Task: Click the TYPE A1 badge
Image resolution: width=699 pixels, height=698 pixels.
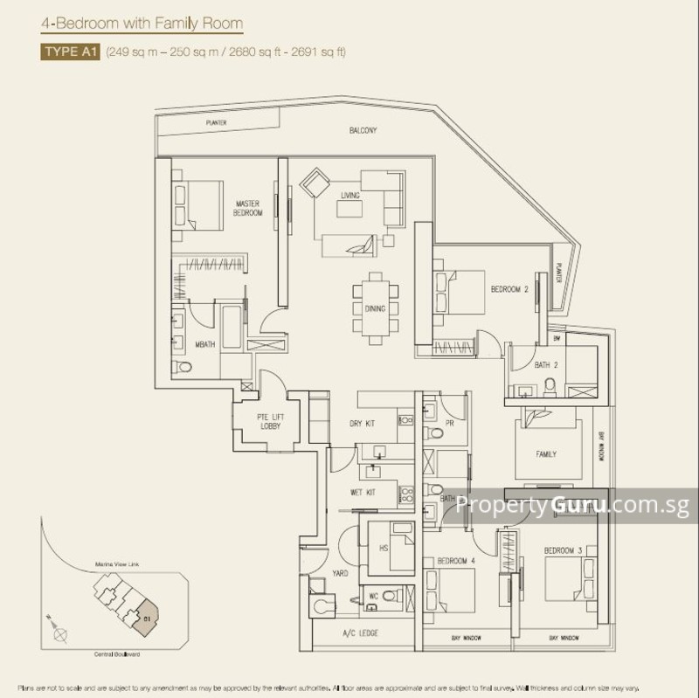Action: [x=70, y=52]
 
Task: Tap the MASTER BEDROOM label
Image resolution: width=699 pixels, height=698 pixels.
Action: [x=248, y=208]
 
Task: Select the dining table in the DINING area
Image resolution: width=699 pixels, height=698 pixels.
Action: [x=373, y=308]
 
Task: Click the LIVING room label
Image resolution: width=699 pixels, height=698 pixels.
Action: [x=349, y=196]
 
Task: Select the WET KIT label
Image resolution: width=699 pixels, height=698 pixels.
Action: [x=362, y=493]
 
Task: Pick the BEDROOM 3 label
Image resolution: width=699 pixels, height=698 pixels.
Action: [x=558, y=550]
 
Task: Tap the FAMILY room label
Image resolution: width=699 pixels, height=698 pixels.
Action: [x=546, y=454]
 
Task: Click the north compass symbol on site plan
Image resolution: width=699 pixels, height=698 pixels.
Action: [x=59, y=629]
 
